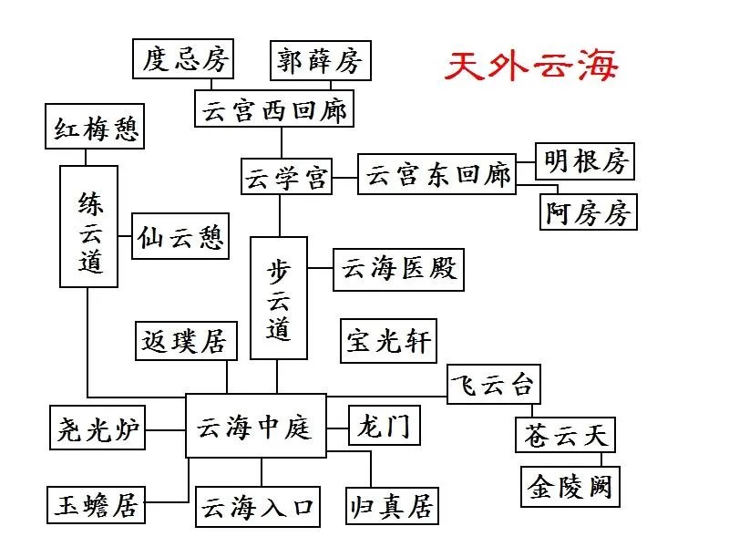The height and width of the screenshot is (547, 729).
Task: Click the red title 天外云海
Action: coord(532,65)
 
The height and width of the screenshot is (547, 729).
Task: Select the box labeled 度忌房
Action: coord(182,60)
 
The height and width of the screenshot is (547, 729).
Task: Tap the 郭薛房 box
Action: coord(320,61)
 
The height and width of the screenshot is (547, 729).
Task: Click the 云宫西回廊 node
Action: coord(273,110)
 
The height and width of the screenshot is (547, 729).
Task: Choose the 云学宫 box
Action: coord(285,177)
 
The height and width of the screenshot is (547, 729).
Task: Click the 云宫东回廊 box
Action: coord(436,174)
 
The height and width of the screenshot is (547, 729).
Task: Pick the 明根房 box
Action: coord(585,160)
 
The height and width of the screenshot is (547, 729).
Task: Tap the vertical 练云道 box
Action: coord(89,227)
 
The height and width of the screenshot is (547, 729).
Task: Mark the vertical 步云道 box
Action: coord(279,298)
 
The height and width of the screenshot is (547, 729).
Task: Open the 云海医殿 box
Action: coord(397,270)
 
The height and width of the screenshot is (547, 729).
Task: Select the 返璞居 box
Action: coord(184,341)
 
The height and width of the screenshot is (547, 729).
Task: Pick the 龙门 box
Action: coord(385,425)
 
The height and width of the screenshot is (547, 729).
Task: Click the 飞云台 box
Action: coord(494,384)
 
